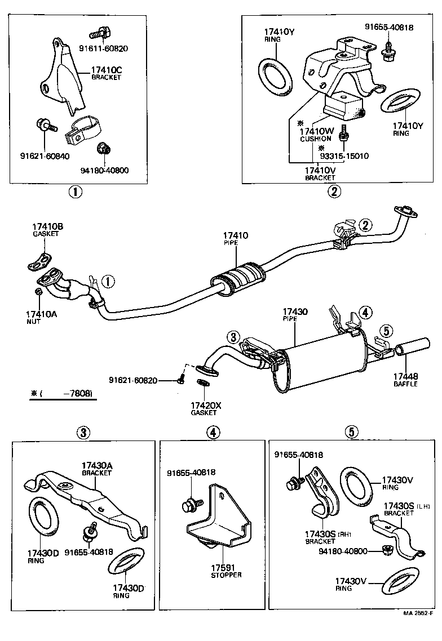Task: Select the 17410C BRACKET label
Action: click(x=106, y=73)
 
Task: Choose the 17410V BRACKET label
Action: click(x=320, y=173)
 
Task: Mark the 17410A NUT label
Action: click(x=41, y=317)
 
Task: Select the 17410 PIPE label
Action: click(x=235, y=238)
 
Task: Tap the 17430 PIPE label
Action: click(x=294, y=315)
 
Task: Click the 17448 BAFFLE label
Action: click(x=405, y=380)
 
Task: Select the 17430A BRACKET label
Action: click(x=97, y=469)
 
